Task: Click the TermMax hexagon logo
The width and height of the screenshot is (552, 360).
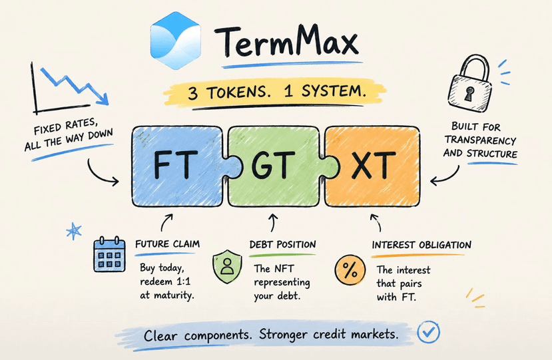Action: (176, 41)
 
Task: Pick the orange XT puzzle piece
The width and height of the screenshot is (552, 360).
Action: (372, 166)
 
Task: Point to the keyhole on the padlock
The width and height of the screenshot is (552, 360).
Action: (469, 94)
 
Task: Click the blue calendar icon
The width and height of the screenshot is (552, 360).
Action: (109, 254)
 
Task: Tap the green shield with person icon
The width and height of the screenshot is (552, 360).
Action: (228, 266)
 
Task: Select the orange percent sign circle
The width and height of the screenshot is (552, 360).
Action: (350, 270)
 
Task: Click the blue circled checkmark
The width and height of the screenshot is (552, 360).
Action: (428, 332)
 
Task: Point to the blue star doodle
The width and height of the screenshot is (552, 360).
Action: (74, 231)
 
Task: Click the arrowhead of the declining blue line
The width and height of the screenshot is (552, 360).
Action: (103, 99)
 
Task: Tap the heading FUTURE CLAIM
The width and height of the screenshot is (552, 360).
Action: (168, 244)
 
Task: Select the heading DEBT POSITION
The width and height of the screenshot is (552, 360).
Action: (283, 245)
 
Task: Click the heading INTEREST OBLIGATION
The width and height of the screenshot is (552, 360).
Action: (421, 245)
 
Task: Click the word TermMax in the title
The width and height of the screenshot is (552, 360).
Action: (286, 41)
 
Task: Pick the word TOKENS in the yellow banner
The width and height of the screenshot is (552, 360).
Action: (239, 93)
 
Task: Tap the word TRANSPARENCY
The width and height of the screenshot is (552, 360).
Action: (480, 140)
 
